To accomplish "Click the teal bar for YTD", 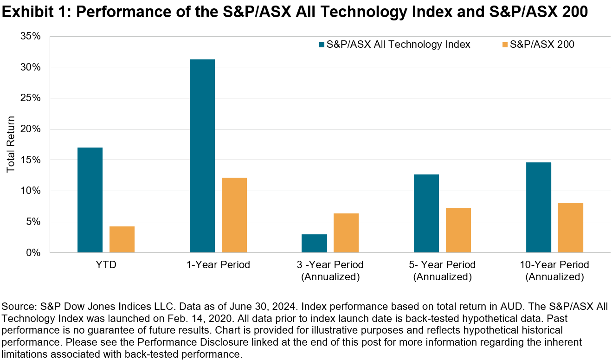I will [x=90, y=200].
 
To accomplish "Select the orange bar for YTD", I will [x=122, y=239].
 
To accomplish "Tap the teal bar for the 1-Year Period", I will [x=202, y=156].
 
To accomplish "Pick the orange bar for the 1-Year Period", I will [x=234, y=215].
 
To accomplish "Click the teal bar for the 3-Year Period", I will [x=315, y=244].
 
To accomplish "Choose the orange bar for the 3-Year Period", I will [x=346, y=233].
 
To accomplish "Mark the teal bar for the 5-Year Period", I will [x=426, y=213].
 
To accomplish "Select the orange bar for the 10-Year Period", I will [x=570, y=228].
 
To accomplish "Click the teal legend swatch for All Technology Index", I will [x=322, y=45].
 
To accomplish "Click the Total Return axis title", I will [x=11, y=144].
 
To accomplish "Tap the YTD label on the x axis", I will [x=106, y=265].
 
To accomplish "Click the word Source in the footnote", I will [x=16, y=307].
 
